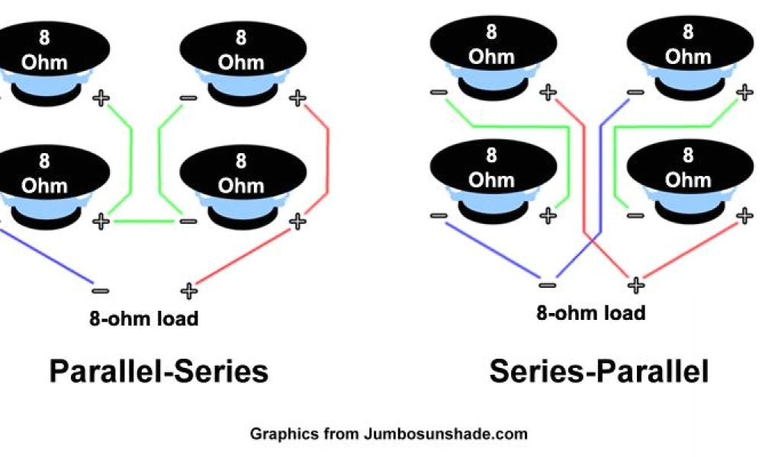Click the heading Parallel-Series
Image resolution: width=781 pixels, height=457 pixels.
coord(159,372)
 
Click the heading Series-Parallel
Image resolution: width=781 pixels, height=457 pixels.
coord(599,372)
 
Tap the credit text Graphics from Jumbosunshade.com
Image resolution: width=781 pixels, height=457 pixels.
coord(388,434)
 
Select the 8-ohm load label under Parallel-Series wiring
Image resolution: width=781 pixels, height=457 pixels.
coord(143,318)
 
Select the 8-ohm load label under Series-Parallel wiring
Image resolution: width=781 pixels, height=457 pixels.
coord(591,312)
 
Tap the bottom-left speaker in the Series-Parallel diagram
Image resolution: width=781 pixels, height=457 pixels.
coord(492,178)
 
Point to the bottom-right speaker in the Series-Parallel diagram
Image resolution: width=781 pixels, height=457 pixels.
coord(688,178)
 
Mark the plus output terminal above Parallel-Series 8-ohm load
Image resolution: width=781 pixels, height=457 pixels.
coord(188,290)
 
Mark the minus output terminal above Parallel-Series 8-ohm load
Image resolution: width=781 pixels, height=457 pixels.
coord(99,290)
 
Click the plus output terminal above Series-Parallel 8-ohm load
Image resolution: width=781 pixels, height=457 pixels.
coord(635,285)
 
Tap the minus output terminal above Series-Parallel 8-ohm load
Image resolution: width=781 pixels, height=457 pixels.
coord(547,286)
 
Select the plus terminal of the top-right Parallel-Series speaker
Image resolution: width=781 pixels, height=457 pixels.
coord(297,97)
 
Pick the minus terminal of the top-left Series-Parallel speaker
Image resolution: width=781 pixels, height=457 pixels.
coord(439,93)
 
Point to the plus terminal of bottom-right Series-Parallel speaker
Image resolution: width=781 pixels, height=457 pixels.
coord(744,216)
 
